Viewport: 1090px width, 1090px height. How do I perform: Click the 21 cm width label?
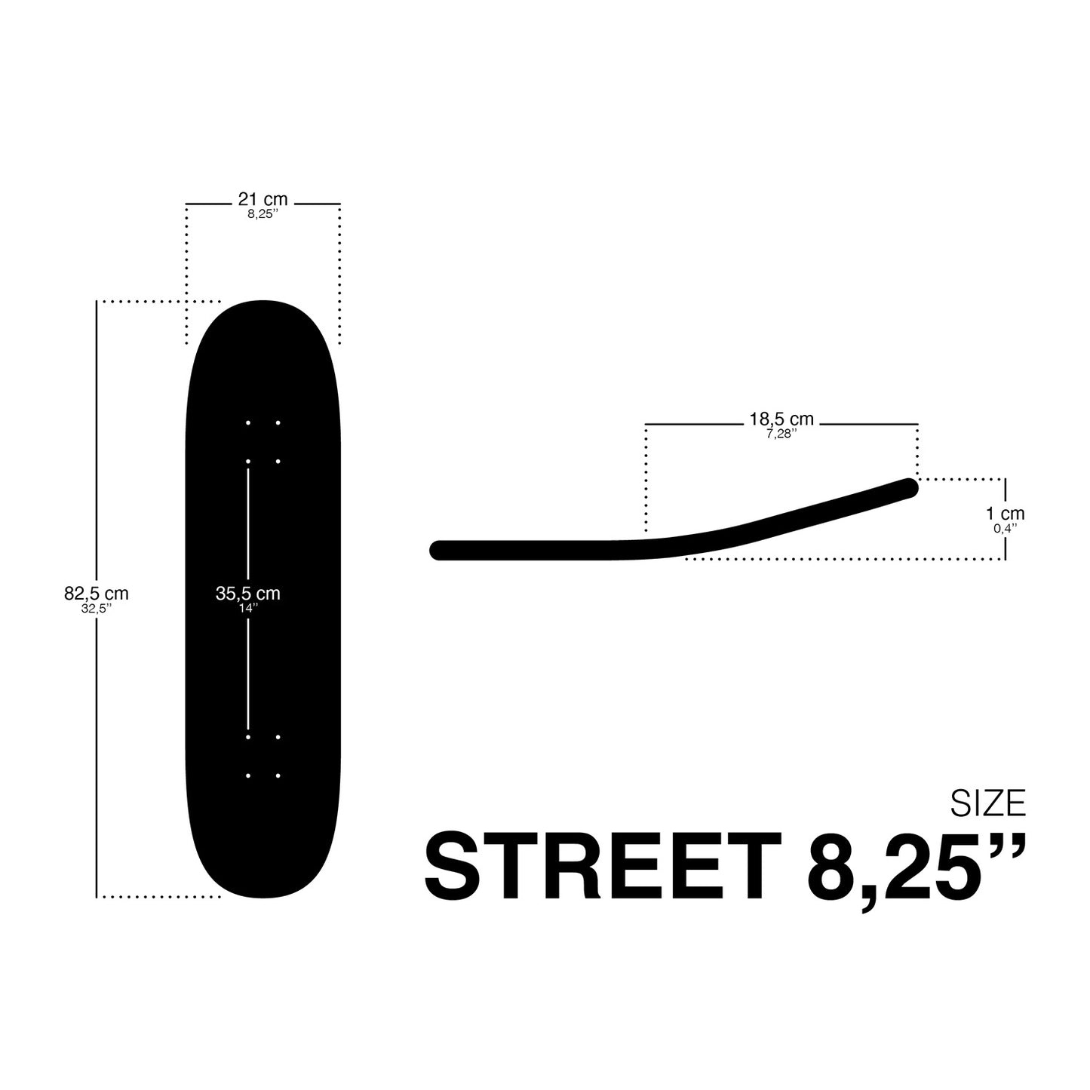click(x=263, y=199)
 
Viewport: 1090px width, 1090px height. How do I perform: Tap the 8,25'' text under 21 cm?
click(x=263, y=214)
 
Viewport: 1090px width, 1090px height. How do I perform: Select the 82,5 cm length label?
click(x=96, y=594)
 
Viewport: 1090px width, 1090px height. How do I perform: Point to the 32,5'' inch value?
click(x=96, y=609)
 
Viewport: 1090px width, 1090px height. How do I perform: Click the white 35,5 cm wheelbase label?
click(x=247, y=594)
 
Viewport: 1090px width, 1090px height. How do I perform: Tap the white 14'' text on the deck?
click(x=248, y=609)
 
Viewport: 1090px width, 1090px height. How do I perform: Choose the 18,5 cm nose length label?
click(x=781, y=419)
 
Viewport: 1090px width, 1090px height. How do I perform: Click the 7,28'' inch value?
click(x=781, y=434)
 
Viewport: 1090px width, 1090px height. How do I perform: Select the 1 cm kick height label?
click(x=1006, y=514)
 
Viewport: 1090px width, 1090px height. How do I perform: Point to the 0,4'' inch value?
click(x=1006, y=528)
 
